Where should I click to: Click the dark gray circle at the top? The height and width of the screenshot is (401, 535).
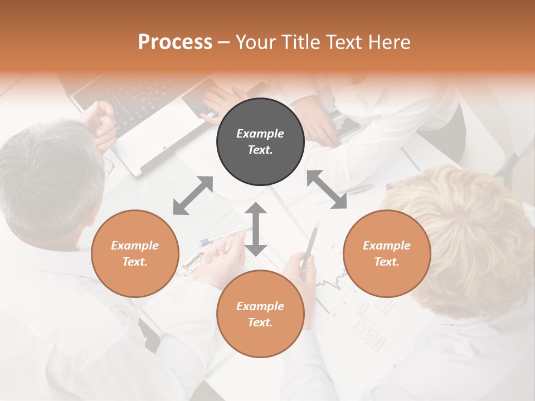[260, 142]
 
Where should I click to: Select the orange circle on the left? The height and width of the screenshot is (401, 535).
[135, 253]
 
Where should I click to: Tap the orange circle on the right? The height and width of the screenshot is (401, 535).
[387, 253]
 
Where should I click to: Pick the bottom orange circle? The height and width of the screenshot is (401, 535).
[260, 314]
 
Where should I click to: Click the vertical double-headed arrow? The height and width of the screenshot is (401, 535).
[256, 229]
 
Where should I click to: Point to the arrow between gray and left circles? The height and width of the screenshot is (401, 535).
[193, 195]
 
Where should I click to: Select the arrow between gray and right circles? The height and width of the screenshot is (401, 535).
[327, 189]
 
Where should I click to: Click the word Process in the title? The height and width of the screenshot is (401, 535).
[175, 42]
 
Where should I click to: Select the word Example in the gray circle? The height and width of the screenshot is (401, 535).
[260, 134]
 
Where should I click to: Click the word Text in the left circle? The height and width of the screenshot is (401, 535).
[135, 262]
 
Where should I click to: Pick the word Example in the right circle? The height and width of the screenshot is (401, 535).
[387, 245]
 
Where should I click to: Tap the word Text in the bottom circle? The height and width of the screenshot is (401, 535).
[260, 322]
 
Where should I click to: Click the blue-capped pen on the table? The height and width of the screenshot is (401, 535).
[223, 234]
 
